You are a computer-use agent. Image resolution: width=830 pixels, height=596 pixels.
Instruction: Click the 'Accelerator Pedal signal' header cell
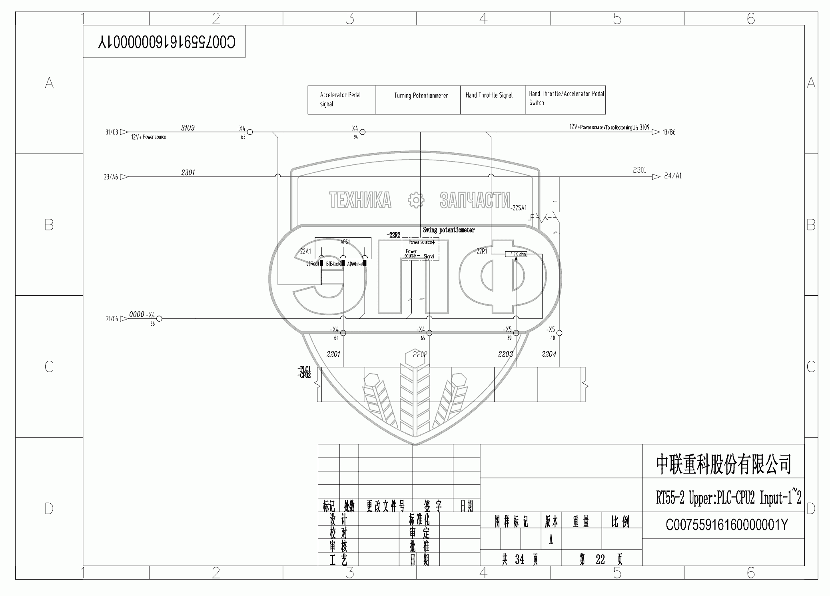pos(341,100)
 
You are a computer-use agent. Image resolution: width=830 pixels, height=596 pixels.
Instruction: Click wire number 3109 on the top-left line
pos(188,128)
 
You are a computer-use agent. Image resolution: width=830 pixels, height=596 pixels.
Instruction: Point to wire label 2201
pos(333,354)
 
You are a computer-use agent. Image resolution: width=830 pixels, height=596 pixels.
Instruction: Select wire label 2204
pos(549,354)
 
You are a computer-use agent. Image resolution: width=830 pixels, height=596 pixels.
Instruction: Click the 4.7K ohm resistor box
pos(516,254)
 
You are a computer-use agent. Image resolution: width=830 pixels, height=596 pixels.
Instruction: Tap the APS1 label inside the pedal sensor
pos(345,242)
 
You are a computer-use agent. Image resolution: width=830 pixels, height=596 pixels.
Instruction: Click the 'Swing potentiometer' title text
pos(449,230)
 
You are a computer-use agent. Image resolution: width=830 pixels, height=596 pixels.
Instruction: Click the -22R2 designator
pos(393,235)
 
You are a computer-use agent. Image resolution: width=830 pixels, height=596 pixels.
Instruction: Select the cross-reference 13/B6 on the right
pos(669,132)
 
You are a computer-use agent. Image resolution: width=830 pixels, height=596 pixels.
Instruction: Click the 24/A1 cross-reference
pos(672,176)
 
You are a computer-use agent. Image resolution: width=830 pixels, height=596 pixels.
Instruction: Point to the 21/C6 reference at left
pos(112,319)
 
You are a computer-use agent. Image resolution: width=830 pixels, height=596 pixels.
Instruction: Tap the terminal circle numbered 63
pos(250,132)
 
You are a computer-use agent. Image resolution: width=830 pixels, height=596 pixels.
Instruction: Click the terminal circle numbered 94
pos(363,132)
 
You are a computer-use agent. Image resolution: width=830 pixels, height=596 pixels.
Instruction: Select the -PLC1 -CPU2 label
pos(304,372)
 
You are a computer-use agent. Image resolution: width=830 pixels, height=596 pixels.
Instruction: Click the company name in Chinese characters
pos(723,464)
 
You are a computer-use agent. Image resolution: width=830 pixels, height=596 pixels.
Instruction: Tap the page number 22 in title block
pos(600,560)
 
